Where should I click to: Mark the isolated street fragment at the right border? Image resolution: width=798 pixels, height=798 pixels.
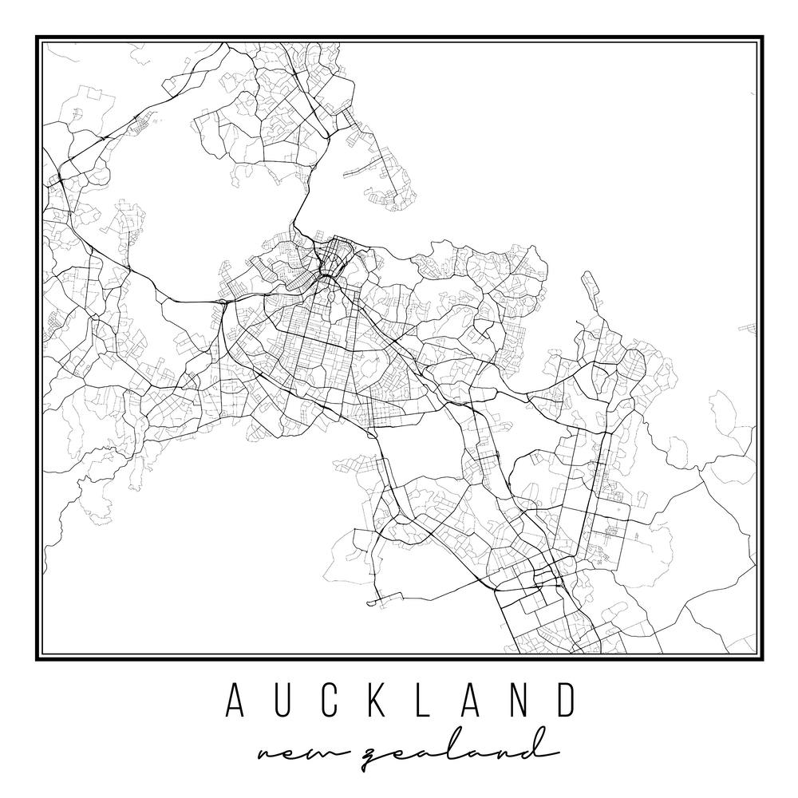750,327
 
